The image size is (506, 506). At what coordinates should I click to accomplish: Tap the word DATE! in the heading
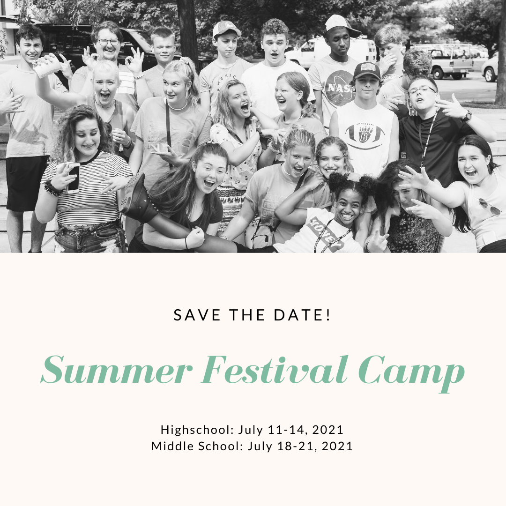tap(302, 315)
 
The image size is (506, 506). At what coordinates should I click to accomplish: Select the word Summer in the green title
tap(117, 370)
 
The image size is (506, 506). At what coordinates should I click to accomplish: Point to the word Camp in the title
tap(412, 373)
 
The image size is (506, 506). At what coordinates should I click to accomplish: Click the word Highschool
tap(197, 430)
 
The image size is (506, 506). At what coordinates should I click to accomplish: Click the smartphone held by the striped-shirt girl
tap(73, 178)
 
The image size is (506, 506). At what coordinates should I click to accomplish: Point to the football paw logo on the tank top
tap(365, 134)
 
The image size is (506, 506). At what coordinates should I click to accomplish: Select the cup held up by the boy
tap(47, 67)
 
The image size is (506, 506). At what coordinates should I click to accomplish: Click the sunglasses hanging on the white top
tap(489, 207)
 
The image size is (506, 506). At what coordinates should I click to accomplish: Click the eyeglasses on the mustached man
tap(108, 42)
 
